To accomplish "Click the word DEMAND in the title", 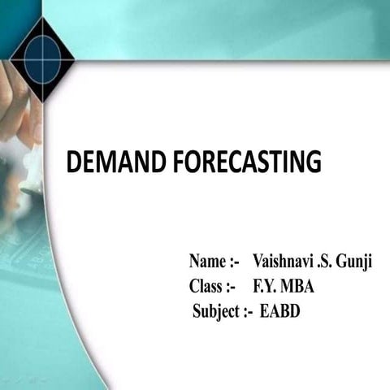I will [117, 162].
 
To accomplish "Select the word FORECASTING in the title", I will [247, 162].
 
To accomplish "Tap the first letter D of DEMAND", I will [74, 162].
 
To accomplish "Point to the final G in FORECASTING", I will [314, 162].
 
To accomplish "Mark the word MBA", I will [297, 287].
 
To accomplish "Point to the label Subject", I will [216, 310].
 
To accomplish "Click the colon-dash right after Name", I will [234, 263].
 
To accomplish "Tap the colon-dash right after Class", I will [231, 287].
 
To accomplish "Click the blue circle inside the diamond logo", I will [42, 56].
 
